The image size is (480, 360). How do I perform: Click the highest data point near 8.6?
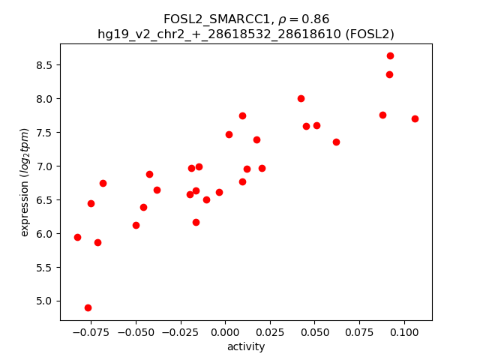pyautogui.click(x=390, y=55)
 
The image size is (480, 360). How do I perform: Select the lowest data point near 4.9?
pyautogui.click(x=88, y=307)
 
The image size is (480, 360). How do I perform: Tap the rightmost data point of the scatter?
pyautogui.click(x=415, y=118)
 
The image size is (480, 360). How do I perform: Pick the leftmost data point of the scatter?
pyautogui.click(x=77, y=237)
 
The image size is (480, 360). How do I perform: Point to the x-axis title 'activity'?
pyautogui.click(x=246, y=346)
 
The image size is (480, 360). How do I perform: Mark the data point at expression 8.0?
pyautogui.click(x=301, y=98)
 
